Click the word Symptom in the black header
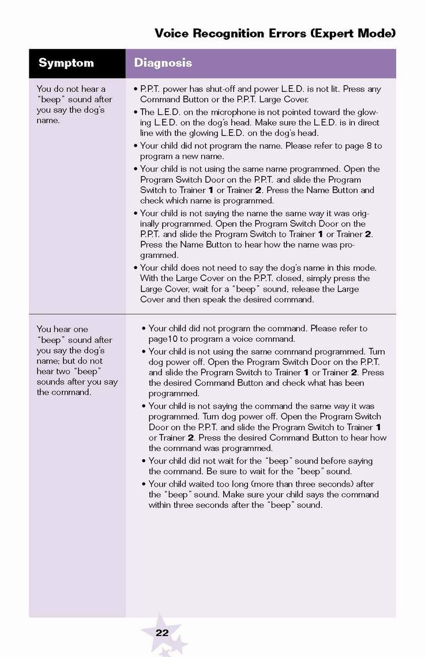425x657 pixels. pos(66,63)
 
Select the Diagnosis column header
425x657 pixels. pos(163,63)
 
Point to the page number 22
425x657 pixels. pos(162,633)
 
